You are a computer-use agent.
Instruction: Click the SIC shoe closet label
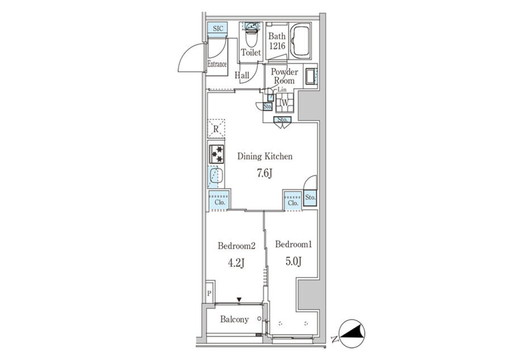[x=218, y=29]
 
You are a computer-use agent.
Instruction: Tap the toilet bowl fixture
[x=252, y=35]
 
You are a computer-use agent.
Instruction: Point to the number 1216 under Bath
[x=277, y=46]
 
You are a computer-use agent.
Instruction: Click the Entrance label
[x=217, y=64]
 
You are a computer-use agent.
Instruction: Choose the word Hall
[x=242, y=75]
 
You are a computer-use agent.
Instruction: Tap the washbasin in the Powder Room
[x=311, y=76]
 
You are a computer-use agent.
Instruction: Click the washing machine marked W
[x=285, y=103]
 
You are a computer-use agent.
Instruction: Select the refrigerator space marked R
[x=216, y=129]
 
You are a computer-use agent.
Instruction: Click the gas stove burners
[x=217, y=154]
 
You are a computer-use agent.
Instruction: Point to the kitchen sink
[x=216, y=175]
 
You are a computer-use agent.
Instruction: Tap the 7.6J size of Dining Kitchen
[x=264, y=173]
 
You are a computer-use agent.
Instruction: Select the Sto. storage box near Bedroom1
[x=310, y=198]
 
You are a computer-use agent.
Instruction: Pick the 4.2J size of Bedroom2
[x=236, y=263]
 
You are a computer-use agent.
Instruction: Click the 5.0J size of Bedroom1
[x=293, y=261]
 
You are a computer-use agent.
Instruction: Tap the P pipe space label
[x=209, y=293]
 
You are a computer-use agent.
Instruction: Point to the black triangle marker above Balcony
[x=239, y=299]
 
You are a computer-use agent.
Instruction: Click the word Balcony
[x=235, y=319]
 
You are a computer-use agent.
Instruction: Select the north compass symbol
[x=352, y=333]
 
